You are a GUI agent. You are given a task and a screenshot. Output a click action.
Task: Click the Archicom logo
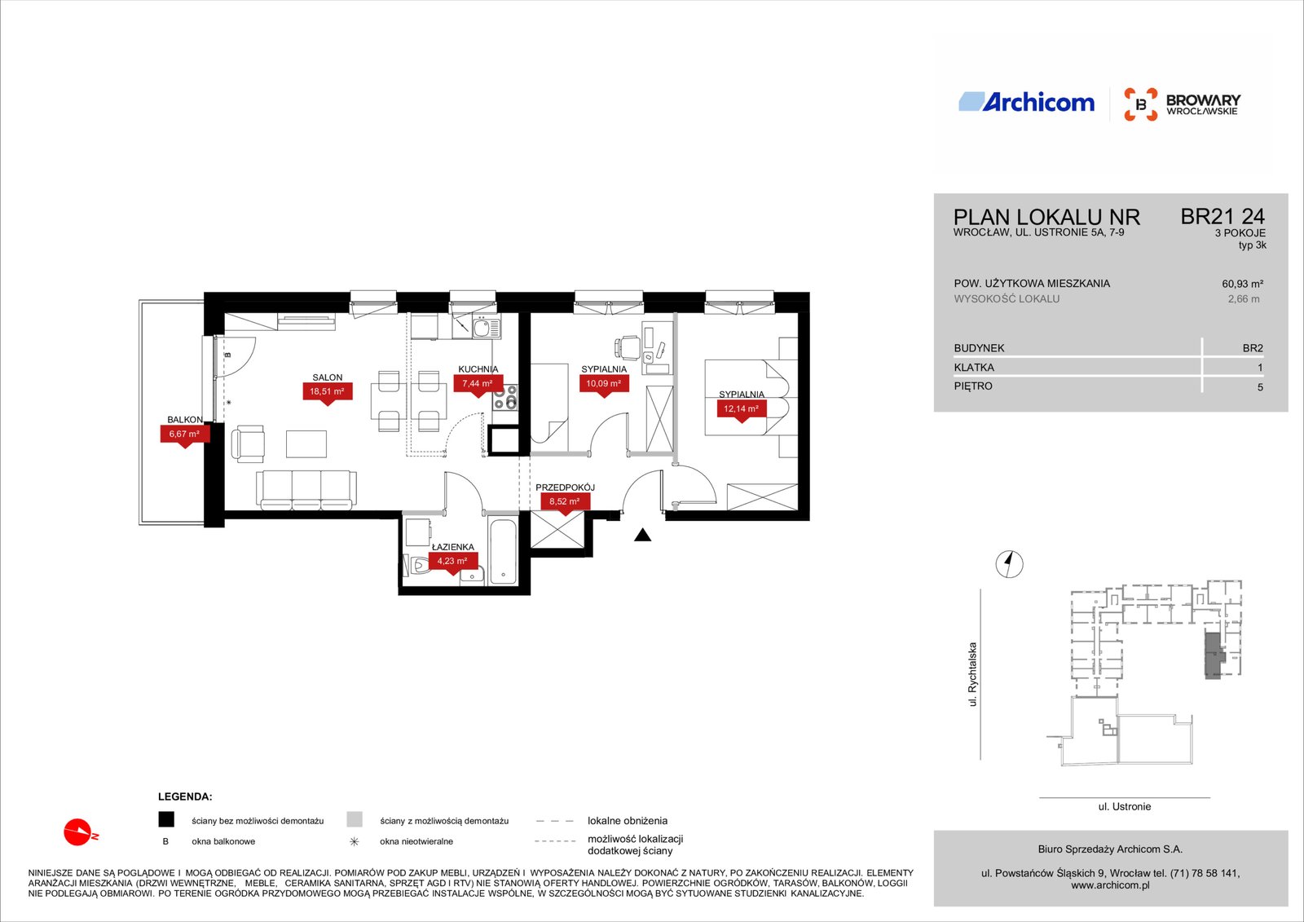[1026, 102]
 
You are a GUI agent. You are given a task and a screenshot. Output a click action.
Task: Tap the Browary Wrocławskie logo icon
[1140, 104]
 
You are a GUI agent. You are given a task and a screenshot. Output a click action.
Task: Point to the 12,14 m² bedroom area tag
[741, 410]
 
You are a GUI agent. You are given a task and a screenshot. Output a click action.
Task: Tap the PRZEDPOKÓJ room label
[565, 487]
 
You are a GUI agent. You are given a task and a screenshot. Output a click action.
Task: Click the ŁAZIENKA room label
[453, 547]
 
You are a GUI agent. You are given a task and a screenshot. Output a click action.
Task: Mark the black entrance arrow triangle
[642, 535]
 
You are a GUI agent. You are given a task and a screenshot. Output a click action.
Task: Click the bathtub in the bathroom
[503, 551]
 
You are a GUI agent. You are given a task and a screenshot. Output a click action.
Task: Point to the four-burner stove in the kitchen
[504, 397]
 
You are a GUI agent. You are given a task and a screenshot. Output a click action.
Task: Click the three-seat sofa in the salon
[306, 490]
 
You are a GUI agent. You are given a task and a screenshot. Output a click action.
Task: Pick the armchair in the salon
[248, 443]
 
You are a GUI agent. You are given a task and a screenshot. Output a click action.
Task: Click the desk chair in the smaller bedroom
[627, 348]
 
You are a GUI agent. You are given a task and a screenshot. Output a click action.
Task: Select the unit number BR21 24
[1222, 217]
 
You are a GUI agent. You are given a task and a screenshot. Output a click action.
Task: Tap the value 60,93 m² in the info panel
[1242, 285]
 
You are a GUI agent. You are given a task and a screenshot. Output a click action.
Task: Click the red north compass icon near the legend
[80, 832]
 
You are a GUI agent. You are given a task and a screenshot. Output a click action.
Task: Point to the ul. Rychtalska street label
[972, 674]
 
